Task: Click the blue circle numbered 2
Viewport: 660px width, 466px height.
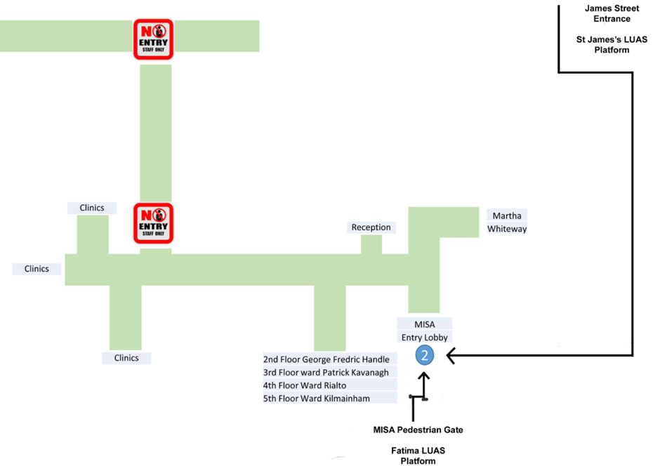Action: pyautogui.click(x=424, y=356)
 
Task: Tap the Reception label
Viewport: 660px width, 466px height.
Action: pyautogui.click(x=371, y=227)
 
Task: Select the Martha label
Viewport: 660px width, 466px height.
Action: pyautogui.click(x=506, y=215)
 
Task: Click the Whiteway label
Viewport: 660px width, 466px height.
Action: pyautogui.click(x=507, y=229)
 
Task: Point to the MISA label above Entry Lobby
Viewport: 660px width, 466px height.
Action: pyautogui.click(x=424, y=324)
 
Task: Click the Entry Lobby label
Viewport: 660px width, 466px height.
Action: pyautogui.click(x=424, y=338)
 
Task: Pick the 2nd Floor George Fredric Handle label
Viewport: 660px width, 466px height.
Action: pyautogui.click(x=326, y=359)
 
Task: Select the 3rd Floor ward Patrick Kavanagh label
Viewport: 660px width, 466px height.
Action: pyautogui.click(x=326, y=373)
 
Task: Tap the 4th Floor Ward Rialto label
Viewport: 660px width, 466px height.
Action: pyautogui.click(x=305, y=385)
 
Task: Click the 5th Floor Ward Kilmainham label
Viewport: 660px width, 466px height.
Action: pyautogui.click(x=316, y=399)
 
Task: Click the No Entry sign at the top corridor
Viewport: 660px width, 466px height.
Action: pyautogui.click(x=154, y=39)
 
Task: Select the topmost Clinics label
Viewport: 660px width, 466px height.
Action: pyautogui.click(x=92, y=208)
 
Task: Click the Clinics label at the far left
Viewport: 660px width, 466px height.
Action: pyautogui.click(x=37, y=269)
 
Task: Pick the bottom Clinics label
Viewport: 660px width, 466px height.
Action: pyautogui.click(x=126, y=358)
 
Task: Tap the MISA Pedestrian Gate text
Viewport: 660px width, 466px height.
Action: pyautogui.click(x=418, y=430)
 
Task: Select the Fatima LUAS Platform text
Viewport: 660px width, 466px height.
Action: pyautogui.click(x=418, y=455)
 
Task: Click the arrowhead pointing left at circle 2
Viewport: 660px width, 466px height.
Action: pyautogui.click(x=451, y=357)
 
